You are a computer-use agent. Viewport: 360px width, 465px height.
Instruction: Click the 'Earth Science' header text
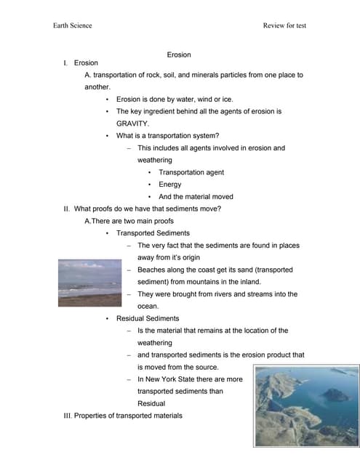pos(73,25)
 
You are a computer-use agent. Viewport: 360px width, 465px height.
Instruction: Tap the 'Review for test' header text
pos(284,25)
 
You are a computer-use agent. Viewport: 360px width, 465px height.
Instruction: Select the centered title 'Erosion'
pos(179,54)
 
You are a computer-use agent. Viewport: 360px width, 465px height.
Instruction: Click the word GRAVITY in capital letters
pos(132,124)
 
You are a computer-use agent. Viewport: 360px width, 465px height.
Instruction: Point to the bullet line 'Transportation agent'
pos(191,172)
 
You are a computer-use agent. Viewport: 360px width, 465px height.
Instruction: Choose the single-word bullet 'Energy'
pos(170,185)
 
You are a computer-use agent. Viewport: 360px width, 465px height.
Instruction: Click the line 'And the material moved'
pos(196,197)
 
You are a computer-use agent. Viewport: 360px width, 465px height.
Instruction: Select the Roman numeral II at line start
pos(67,209)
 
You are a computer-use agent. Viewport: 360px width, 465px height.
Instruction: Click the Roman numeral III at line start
pos(68,416)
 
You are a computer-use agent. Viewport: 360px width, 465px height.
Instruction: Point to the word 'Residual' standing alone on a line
pos(151,403)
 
